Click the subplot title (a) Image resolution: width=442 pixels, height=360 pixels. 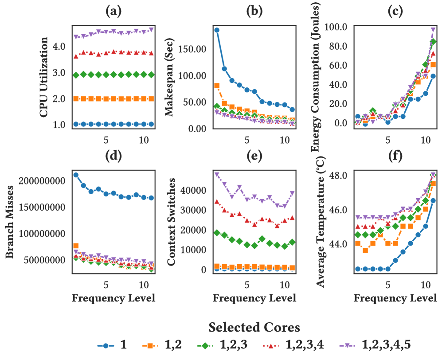pyautogui.click(x=113, y=12)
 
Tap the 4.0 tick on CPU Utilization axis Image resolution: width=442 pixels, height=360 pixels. pyautogui.click(x=60, y=47)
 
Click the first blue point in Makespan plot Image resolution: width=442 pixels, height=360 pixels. pyautogui.click(x=217, y=30)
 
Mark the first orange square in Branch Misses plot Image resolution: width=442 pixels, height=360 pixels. pyautogui.click(x=76, y=246)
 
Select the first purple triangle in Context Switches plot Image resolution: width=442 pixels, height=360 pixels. pyautogui.click(x=217, y=174)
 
